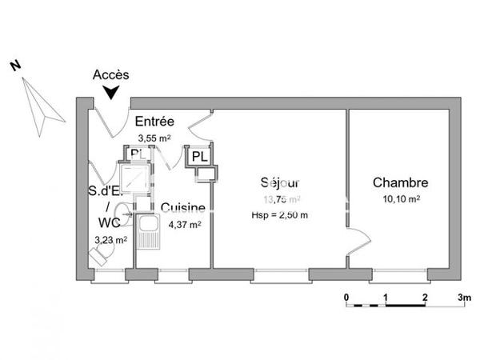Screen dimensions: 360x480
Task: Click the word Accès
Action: (111, 74)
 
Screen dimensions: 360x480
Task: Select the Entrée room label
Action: (154, 122)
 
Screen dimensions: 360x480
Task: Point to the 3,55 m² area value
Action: (154, 137)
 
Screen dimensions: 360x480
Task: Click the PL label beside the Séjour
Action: (199, 157)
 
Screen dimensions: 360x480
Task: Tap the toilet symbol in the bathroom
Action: (101, 254)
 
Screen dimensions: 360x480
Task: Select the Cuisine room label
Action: (182, 208)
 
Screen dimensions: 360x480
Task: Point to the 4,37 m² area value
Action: (184, 224)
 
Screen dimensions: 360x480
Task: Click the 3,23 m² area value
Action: (110, 239)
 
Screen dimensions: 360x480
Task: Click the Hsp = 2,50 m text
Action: (280, 215)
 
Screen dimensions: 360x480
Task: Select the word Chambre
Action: (400, 183)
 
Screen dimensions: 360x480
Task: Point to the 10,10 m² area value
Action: (400, 199)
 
